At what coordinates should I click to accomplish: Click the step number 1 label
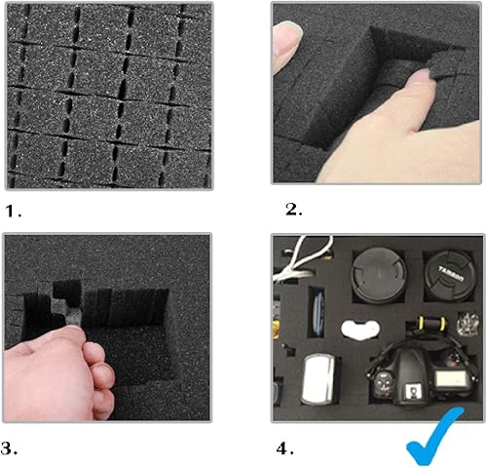[x=12, y=210]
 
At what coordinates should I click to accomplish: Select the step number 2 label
[x=291, y=210]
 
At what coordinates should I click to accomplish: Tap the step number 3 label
[x=12, y=450]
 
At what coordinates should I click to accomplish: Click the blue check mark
[x=433, y=439]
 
